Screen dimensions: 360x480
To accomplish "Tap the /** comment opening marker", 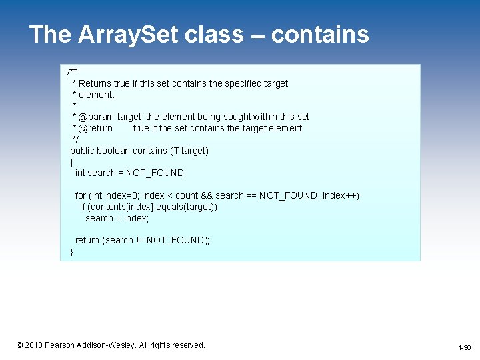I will pos(72,72).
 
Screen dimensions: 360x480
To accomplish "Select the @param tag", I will pos(96,117).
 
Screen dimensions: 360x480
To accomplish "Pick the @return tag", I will pos(95,128).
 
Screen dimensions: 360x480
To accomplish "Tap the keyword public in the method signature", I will pos(83,151).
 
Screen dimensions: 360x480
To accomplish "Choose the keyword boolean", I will pos(115,151).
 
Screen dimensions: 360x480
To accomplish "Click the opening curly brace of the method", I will pos(71,162).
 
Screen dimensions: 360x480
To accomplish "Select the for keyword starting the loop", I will pos(80,195).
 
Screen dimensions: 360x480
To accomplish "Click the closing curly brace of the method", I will pos(71,251).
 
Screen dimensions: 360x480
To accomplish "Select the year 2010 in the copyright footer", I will pos(33,345).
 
